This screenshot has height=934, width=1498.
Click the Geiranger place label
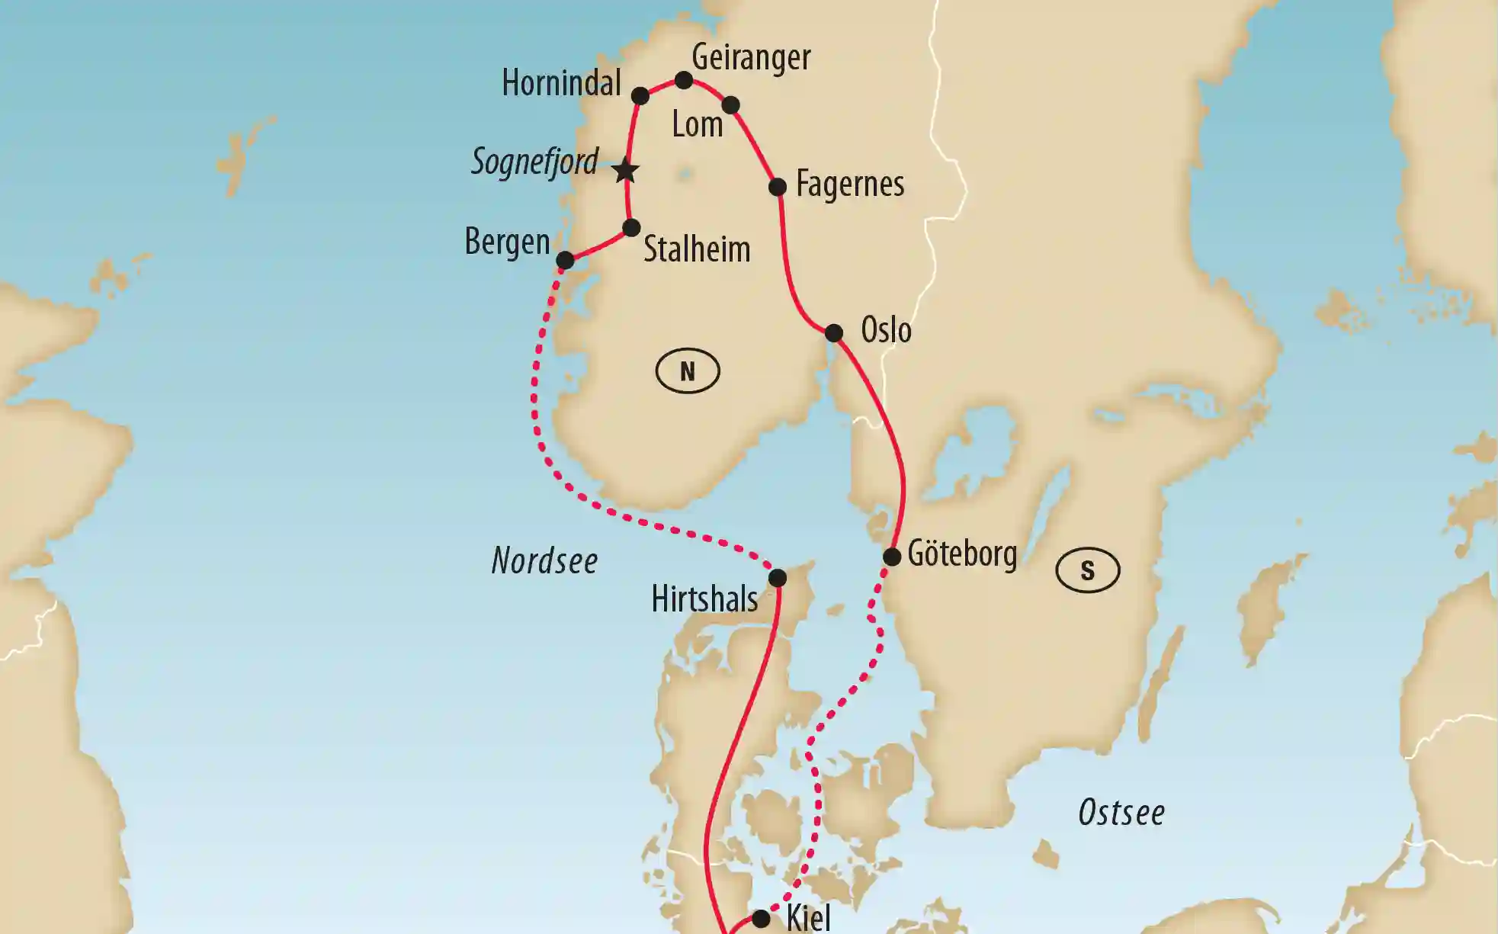(x=751, y=57)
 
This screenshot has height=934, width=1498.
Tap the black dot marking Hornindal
(x=640, y=96)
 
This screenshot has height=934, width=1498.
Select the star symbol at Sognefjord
(x=626, y=171)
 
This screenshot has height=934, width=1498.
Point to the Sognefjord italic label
(x=534, y=162)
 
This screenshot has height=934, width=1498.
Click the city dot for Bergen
(x=565, y=261)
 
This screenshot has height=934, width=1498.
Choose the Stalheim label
(x=697, y=249)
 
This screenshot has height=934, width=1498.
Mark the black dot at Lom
(x=730, y=105)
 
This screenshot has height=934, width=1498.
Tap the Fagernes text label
(x=850, y=185)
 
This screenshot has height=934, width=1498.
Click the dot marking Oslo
(x=834, y=333)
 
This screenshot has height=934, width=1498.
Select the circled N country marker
(x=688, y=371)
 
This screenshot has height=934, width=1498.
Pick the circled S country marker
(x=1088, y=570)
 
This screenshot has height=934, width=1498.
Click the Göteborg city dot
(x=892, y=557)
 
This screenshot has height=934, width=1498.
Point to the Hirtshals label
(x=704, y=599)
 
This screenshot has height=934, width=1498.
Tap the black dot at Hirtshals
(x=777, y=578)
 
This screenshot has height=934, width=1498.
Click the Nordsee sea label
(x=544, y=561)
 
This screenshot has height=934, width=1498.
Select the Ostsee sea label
(x=1121, y=813)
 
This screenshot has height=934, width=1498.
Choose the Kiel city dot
(x=761, y=919)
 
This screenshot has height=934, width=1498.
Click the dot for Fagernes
(x=778, y=188)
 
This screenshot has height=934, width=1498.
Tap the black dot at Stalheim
(x=631, y=228)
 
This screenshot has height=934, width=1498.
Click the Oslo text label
(x=886, y=331)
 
